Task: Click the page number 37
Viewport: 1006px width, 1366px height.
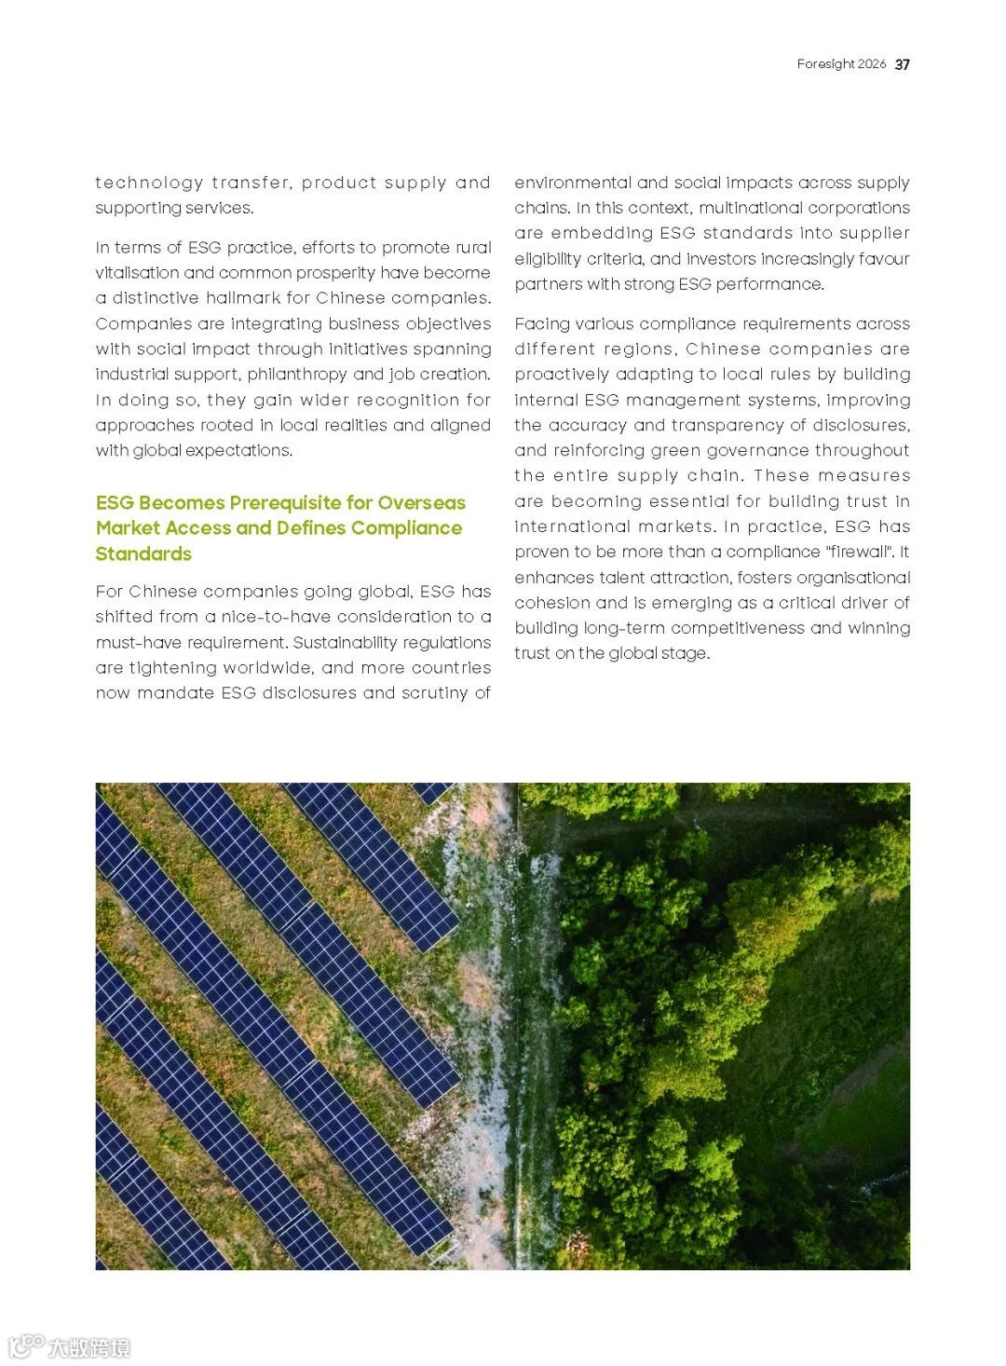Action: tap(902, 64)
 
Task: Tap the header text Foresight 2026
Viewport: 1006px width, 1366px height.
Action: tap(841, 64)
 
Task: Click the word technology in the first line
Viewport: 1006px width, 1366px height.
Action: tap(149, 183)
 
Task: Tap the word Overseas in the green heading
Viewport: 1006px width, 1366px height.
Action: tap(421, 503)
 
